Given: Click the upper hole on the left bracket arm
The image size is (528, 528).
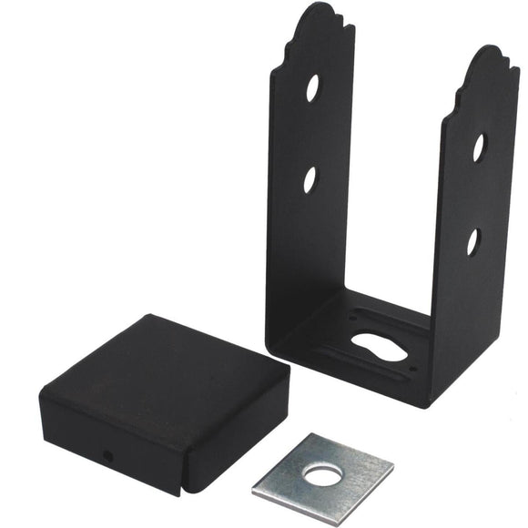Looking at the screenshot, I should (312, 87).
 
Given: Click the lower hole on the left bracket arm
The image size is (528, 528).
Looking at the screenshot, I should (310, 179).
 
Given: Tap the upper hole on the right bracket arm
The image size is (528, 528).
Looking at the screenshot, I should (479, 147).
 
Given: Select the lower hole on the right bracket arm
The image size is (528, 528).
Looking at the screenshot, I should (472, 241).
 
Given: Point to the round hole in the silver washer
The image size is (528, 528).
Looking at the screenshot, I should (321, 473).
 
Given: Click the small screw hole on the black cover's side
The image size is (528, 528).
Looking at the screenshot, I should (108, 454).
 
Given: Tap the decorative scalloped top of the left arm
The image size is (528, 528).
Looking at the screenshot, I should (320, 22).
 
